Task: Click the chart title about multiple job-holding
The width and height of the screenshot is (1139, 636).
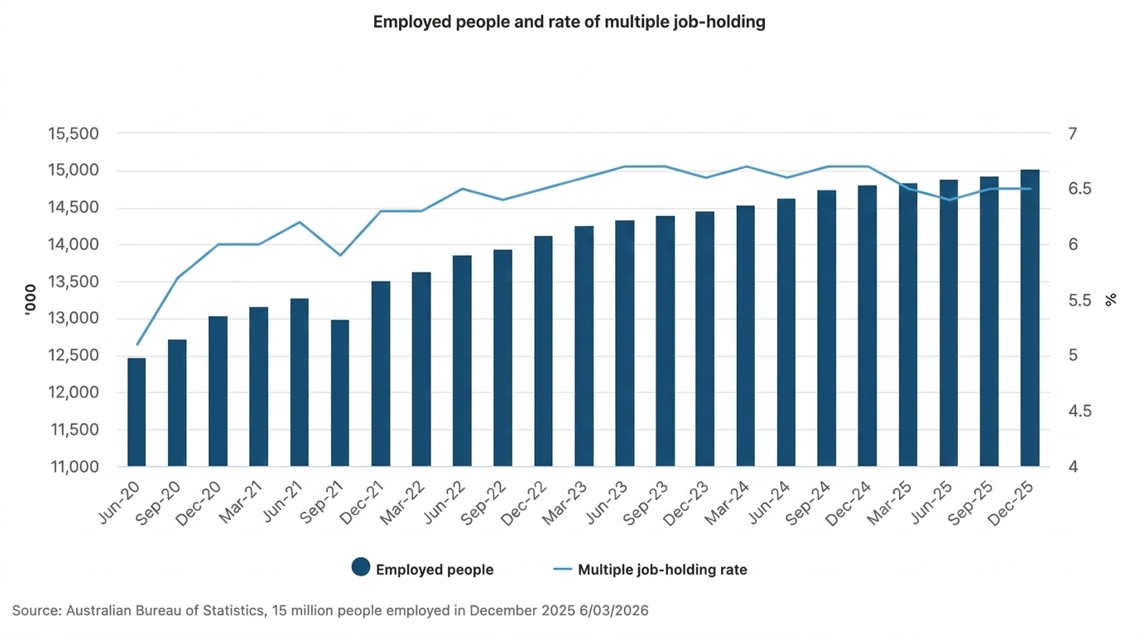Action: (x=569, y=22)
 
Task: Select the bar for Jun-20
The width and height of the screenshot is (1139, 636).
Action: (x=137, y=412)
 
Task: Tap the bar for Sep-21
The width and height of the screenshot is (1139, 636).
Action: (x=339, y=393)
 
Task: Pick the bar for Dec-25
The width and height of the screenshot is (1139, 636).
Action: (x=1030, y=318)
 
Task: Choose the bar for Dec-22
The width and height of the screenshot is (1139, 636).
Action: (x=543, y=351)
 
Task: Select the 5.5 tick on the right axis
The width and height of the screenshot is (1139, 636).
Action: (x=1079, y=301)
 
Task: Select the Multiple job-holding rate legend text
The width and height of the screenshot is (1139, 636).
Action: (x=662, y=570)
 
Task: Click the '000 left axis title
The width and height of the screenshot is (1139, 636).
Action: (x=31, y=300)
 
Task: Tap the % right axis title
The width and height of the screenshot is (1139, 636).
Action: (x=1111, y=300)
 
